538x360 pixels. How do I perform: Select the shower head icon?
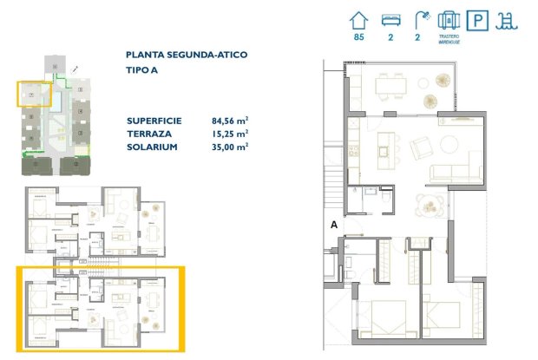[x=421, y=19]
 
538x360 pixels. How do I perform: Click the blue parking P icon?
[x=478, y=20]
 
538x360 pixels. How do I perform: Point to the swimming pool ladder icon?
[x=505, y=20]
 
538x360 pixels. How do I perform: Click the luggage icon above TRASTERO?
[x=449, y=19]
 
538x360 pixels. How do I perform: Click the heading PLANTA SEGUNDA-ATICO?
[x=186, y=55]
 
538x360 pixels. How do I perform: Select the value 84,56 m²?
[x=230, y=121]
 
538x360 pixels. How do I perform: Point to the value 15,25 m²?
[x=230, y=134]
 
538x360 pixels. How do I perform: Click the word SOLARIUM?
[x=153, y=147]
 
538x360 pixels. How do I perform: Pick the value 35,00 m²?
[x=230, y=147]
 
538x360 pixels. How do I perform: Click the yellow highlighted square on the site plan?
[x=33, y=92]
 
